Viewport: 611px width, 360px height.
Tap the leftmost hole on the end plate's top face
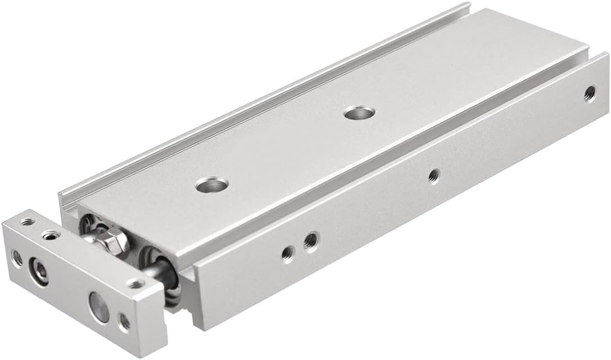pos(26,222)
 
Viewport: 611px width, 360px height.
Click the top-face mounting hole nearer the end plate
pos(212,184)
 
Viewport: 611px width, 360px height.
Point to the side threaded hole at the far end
pos(590,93)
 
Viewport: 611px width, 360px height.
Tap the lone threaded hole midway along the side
pos(433,176)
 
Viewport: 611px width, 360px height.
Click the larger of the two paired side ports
pos(310,242)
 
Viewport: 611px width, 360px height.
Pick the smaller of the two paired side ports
pos(287,254)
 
